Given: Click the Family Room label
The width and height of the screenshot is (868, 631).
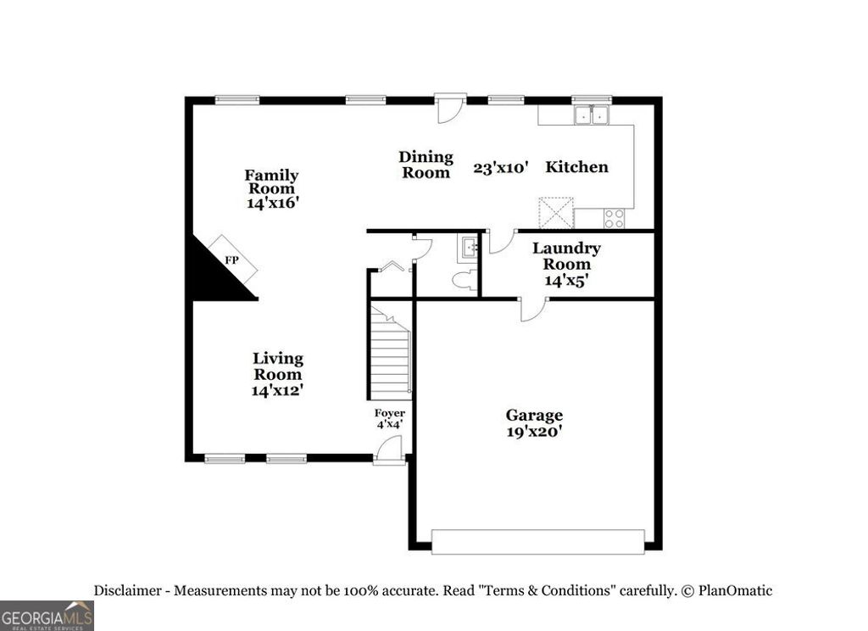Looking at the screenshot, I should coord(271,182).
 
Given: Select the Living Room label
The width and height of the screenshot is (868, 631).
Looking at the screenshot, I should coord(278,366).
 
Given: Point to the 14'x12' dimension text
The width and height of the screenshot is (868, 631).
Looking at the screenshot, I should coord(277,391).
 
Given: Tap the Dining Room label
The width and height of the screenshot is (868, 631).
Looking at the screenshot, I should coord(426,165).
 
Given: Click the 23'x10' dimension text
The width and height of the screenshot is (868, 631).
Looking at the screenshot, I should coord(501,168).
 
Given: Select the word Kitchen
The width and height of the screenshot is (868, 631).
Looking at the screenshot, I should coord(576,166).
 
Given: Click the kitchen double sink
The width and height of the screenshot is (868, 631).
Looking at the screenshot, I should coord(592,114).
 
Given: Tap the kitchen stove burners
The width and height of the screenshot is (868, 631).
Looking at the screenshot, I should coord(614,218).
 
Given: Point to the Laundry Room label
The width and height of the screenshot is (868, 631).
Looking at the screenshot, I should coord(566,256).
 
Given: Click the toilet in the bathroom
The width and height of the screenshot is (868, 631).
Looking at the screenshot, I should coord(462,279).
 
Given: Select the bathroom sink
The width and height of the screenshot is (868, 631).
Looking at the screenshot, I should coord(469,247).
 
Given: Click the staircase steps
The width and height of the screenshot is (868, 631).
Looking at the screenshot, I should coord(391,356).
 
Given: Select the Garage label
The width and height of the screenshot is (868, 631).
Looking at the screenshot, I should coord(534,415).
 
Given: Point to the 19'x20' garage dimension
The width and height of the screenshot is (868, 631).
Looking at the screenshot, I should coord(534,432).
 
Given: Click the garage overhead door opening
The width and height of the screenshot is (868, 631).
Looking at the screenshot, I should coord(537,542).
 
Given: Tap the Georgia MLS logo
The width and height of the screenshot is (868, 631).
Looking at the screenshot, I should coord(47,615).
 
